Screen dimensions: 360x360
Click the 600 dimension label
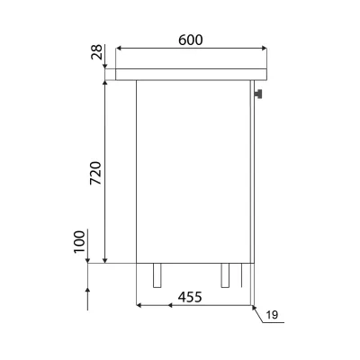pyautogui.click(x=191, y=40)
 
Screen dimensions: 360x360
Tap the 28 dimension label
pyautogui.click(x=97, y=52)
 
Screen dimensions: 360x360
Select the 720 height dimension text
pyautogui.click(x=96, y=173)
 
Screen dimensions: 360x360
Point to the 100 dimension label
pyautogui.click(x=79, y=241)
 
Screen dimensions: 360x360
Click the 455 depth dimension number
pyautogui.click(x=190, y=297)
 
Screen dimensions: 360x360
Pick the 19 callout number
pyautogui.click(x=272, y=315)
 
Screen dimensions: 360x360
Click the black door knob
pyautogui.click(x=257, y=94)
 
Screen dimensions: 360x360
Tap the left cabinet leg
pyautogui.click(x=157, y=275)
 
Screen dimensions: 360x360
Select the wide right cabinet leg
pyautogui.click(x=225, y=275)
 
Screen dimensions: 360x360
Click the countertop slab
pyautogui.click(x=191, y=75)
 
